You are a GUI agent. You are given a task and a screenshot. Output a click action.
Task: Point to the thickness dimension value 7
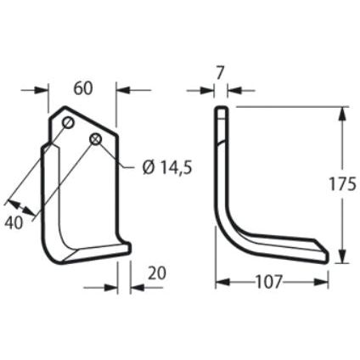tap(221, 74)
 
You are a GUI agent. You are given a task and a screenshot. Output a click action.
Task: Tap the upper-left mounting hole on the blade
tap(67, 124)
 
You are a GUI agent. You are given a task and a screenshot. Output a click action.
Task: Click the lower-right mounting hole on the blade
tap(97, 138)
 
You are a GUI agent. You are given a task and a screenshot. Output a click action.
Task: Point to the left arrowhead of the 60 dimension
tap(46, 89)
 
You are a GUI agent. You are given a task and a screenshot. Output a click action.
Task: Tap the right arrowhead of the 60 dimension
tap(118, 89)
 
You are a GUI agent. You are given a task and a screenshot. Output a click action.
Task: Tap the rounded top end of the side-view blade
tap(221, 110)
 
